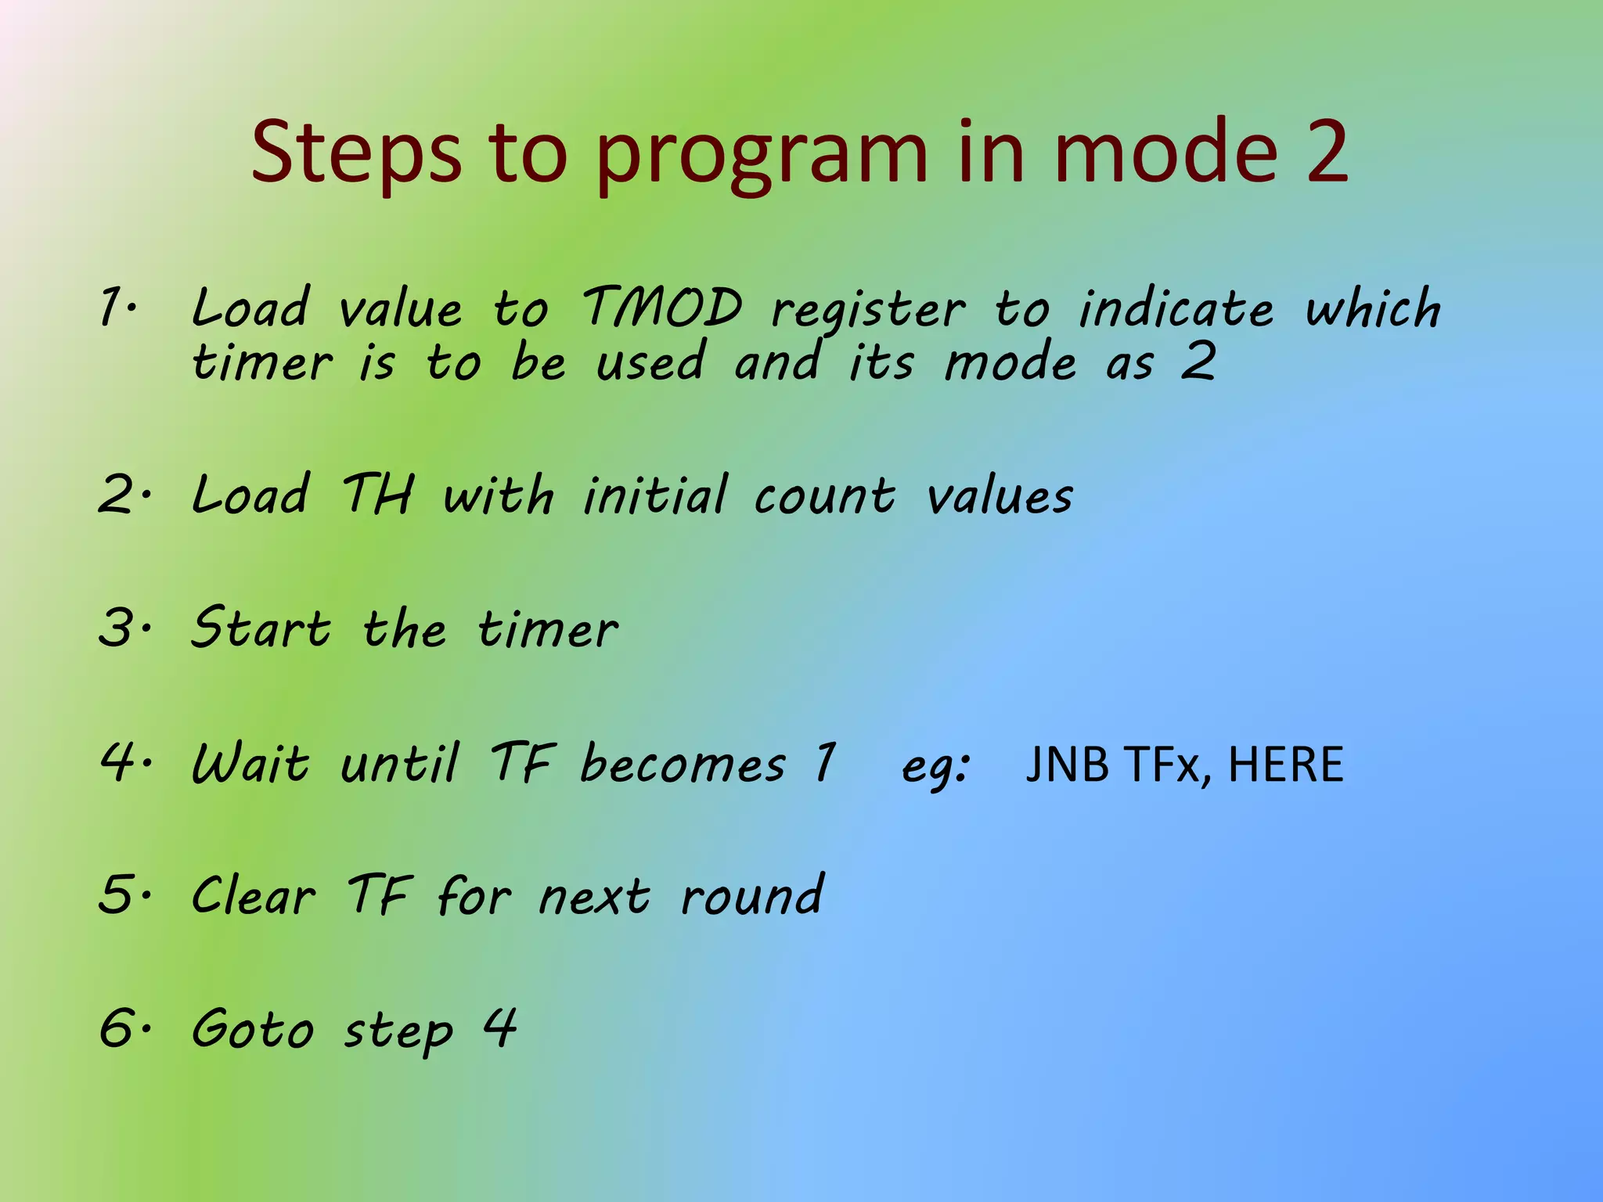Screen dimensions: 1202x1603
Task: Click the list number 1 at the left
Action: coord(111,307)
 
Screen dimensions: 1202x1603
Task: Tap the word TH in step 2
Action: coord(377,495)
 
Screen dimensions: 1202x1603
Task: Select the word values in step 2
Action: coord(1000,496)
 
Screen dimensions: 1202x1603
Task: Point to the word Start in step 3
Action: coord(261,628)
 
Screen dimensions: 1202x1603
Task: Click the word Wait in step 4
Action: coord(250,763)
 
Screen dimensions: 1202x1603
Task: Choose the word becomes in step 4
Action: coord(683,764)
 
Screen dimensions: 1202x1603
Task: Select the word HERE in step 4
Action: coord(1285,764)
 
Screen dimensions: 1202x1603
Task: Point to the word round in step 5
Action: coord(751,897)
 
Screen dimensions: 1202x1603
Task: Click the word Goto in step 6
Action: coord(252,1028)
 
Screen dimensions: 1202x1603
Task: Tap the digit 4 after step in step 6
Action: coord(499,1027)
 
